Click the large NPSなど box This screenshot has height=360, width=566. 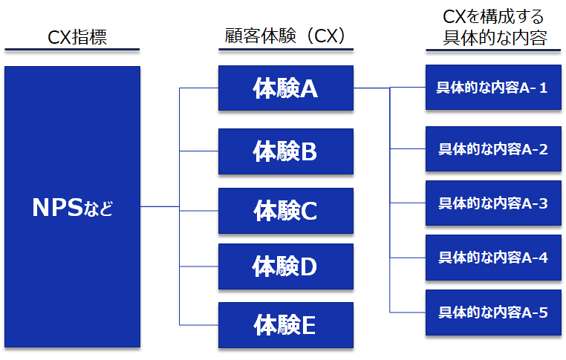pos(72,206)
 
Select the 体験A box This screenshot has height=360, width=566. pos(285,88)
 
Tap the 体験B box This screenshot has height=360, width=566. pos(285,151)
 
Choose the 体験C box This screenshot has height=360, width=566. pos(285,210)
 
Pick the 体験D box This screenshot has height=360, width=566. pos(285,265)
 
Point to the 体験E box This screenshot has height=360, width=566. pos(285,324)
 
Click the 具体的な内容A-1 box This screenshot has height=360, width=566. pos(492,88)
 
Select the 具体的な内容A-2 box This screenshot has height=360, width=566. pos(492,149)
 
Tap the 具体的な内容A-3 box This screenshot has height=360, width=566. pos(492,203)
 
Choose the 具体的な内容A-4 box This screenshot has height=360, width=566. pos(492,258)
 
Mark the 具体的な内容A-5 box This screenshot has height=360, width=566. pos(492,312)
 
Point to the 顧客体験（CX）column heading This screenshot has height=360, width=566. pos(285,36)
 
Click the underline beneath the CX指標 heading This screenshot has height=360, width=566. pos(72,50)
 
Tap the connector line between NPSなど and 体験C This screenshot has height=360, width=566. pos(160,206)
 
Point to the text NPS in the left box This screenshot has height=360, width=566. pos(58,207)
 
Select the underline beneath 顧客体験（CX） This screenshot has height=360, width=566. pos(285,50)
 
